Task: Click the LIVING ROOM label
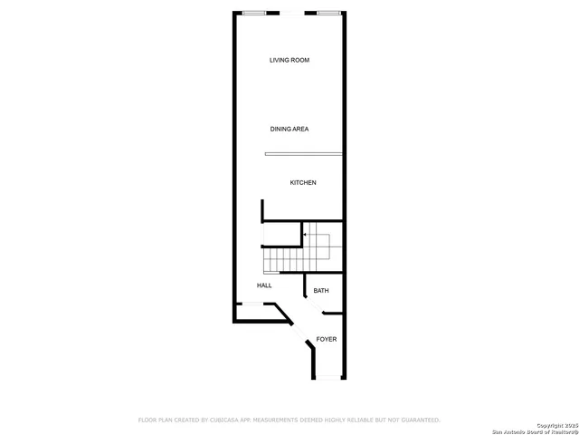[x=289, y=61]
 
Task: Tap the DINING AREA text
[x=289, y=130]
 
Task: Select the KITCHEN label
[x=303, y=183]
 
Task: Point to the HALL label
[x=264, y=285]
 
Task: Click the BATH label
[x=321, y=291]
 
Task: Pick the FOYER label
[x=327, y=339]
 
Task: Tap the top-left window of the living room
[x=255, y=13]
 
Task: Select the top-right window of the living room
[x=329, y=13]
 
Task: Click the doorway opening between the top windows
[x=292, y=13]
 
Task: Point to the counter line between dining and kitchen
[x=304, y=154]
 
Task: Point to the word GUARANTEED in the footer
[x=417, y=420]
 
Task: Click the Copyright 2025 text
[x=555, y=424]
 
